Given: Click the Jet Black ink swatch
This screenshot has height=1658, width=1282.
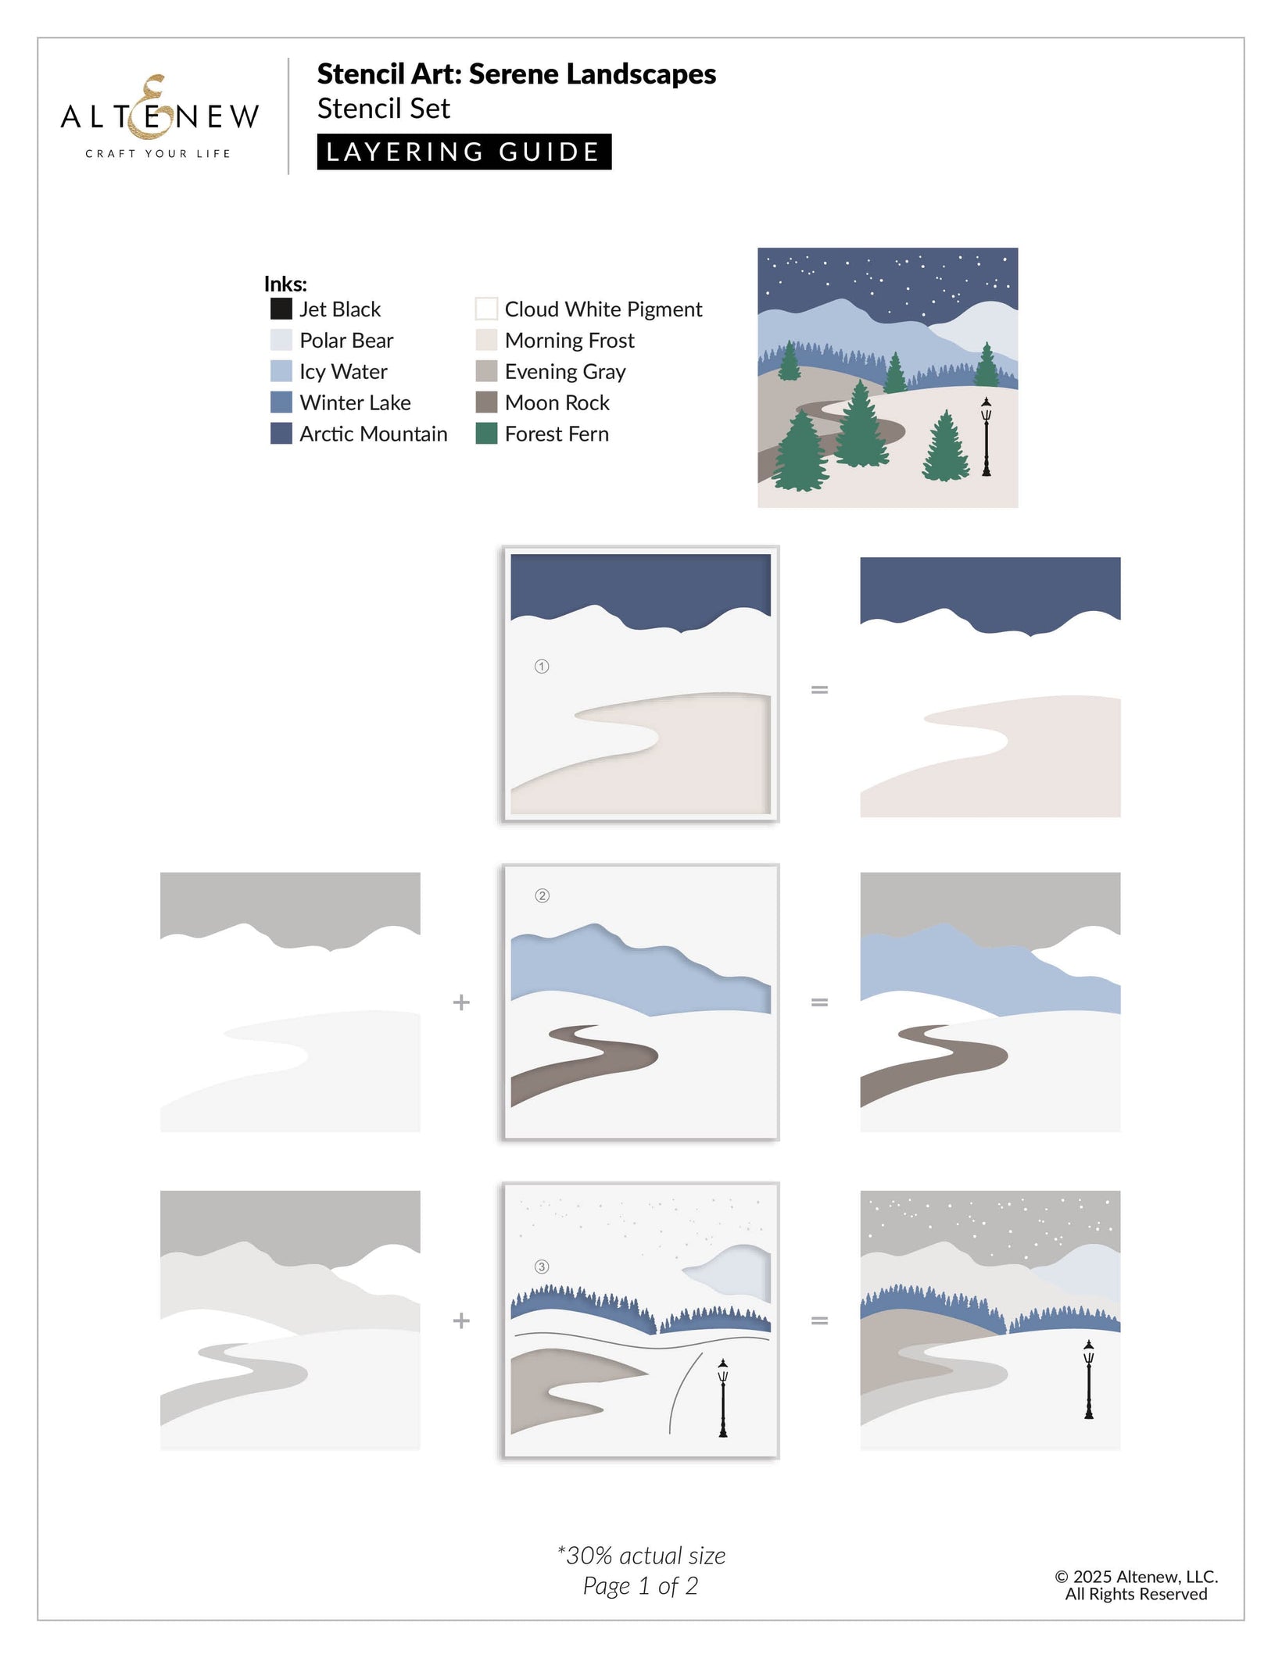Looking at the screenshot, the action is click(x=281, y=309).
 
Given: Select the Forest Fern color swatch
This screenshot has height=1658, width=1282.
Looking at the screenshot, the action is click(x=486, y=434).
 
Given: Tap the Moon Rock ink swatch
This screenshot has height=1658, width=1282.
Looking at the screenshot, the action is click(x=486, y=402).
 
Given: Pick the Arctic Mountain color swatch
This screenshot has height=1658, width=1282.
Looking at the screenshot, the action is click(x=281, y=434).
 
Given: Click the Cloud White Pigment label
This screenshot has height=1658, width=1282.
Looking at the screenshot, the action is click(x=603, y=309).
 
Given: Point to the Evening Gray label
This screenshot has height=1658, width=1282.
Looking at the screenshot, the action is click(x=565, y=372).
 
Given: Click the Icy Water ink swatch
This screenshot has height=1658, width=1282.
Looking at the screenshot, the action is click(x=281, y=371).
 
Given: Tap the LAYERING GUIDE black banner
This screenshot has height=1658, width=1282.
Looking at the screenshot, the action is click(x=464, y=152).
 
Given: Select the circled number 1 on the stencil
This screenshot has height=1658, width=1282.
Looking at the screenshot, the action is click(x=542, y=666).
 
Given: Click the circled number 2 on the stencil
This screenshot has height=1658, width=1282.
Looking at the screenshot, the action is click(x=542, y=895).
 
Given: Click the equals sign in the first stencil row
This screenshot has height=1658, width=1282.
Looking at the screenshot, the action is click(x=819, y=690).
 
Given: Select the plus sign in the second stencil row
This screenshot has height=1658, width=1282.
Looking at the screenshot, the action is click(x=461, y=1002).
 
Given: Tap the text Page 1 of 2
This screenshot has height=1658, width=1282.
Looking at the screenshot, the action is click(x=640, y=1586).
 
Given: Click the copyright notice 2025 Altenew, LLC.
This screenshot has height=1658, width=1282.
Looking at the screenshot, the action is click(x=1137, y=1577).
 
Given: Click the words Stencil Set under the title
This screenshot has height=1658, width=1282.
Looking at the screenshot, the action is click(x=384, y=109).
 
